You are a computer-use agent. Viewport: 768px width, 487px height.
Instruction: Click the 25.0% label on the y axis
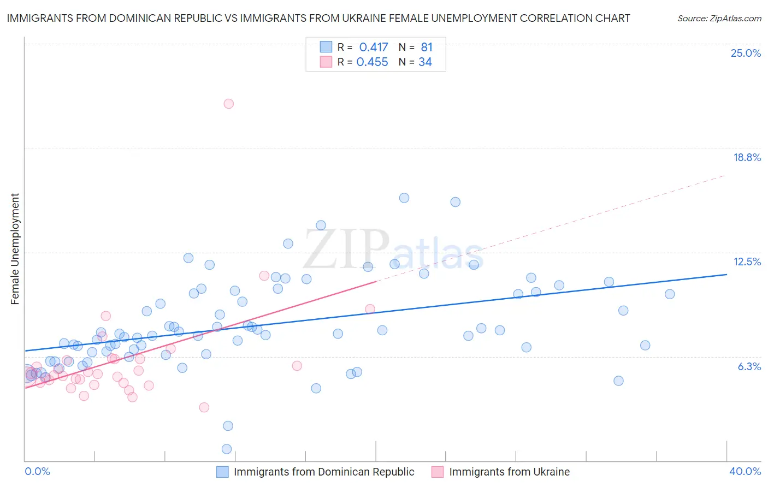coord(746,54)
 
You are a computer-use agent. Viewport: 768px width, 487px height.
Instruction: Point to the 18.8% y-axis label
coord(747,158)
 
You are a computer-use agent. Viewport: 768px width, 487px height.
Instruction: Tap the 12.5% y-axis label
coord(747,262)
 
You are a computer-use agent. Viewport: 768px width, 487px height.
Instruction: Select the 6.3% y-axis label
coord(749,367)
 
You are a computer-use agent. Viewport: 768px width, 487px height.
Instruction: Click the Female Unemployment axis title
coord(15,249)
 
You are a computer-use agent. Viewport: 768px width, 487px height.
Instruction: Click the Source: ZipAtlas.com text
coord(719,19)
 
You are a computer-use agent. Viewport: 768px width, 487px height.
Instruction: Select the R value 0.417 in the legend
coord(374,47)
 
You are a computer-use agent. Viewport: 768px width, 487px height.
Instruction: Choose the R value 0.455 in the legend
coord(372,62)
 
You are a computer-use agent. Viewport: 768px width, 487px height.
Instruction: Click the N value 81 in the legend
coord(427,47)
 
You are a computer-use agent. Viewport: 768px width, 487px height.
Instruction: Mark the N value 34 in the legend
coord(425,62)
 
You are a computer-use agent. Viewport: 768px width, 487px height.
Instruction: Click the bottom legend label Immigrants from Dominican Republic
coord(324,472)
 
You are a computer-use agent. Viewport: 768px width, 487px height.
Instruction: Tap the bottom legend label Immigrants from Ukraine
coord(509,472)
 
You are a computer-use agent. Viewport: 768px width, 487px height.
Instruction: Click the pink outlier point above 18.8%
coord(229,104)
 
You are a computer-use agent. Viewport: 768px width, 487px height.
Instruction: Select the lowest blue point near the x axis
coord(227,449)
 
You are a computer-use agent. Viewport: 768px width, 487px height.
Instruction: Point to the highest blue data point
coord(404,198)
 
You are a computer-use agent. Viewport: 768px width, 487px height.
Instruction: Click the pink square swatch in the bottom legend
coord(438,472)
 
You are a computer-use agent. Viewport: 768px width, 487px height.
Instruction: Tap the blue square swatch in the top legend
coord(326,47)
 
